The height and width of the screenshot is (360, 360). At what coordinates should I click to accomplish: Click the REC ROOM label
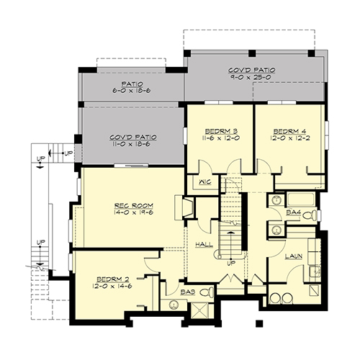pos(134,206)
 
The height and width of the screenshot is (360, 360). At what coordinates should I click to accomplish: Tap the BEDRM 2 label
pos(113,279)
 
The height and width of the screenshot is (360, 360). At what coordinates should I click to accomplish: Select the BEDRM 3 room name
pos(221,131)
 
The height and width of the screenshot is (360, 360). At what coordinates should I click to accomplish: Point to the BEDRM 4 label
pos(290,131)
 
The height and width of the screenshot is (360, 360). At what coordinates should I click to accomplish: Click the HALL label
pos(204,245)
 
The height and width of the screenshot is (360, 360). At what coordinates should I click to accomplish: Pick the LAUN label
pos(294,256)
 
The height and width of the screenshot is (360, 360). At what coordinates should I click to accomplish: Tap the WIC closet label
pos(205,182)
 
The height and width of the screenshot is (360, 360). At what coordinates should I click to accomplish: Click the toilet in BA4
pos(310,215)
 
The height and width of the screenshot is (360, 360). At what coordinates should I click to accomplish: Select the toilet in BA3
pos(207,292)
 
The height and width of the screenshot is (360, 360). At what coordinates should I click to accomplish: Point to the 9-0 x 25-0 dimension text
pos(251,77)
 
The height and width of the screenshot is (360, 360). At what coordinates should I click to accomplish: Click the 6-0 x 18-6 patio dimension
pos(132,91)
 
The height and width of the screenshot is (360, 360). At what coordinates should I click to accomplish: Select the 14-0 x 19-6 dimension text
pos(134,212)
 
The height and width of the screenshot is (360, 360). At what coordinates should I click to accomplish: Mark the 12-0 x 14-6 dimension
pos(112,286)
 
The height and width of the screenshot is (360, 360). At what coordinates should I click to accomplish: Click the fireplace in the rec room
pos(185,208)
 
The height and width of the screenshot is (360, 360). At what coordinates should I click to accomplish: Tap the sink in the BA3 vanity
pos(174,305)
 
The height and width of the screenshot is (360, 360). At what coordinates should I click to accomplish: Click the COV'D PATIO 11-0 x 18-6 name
pos(133,137)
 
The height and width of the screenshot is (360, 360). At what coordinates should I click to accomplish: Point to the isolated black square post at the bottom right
pos(259,323)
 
